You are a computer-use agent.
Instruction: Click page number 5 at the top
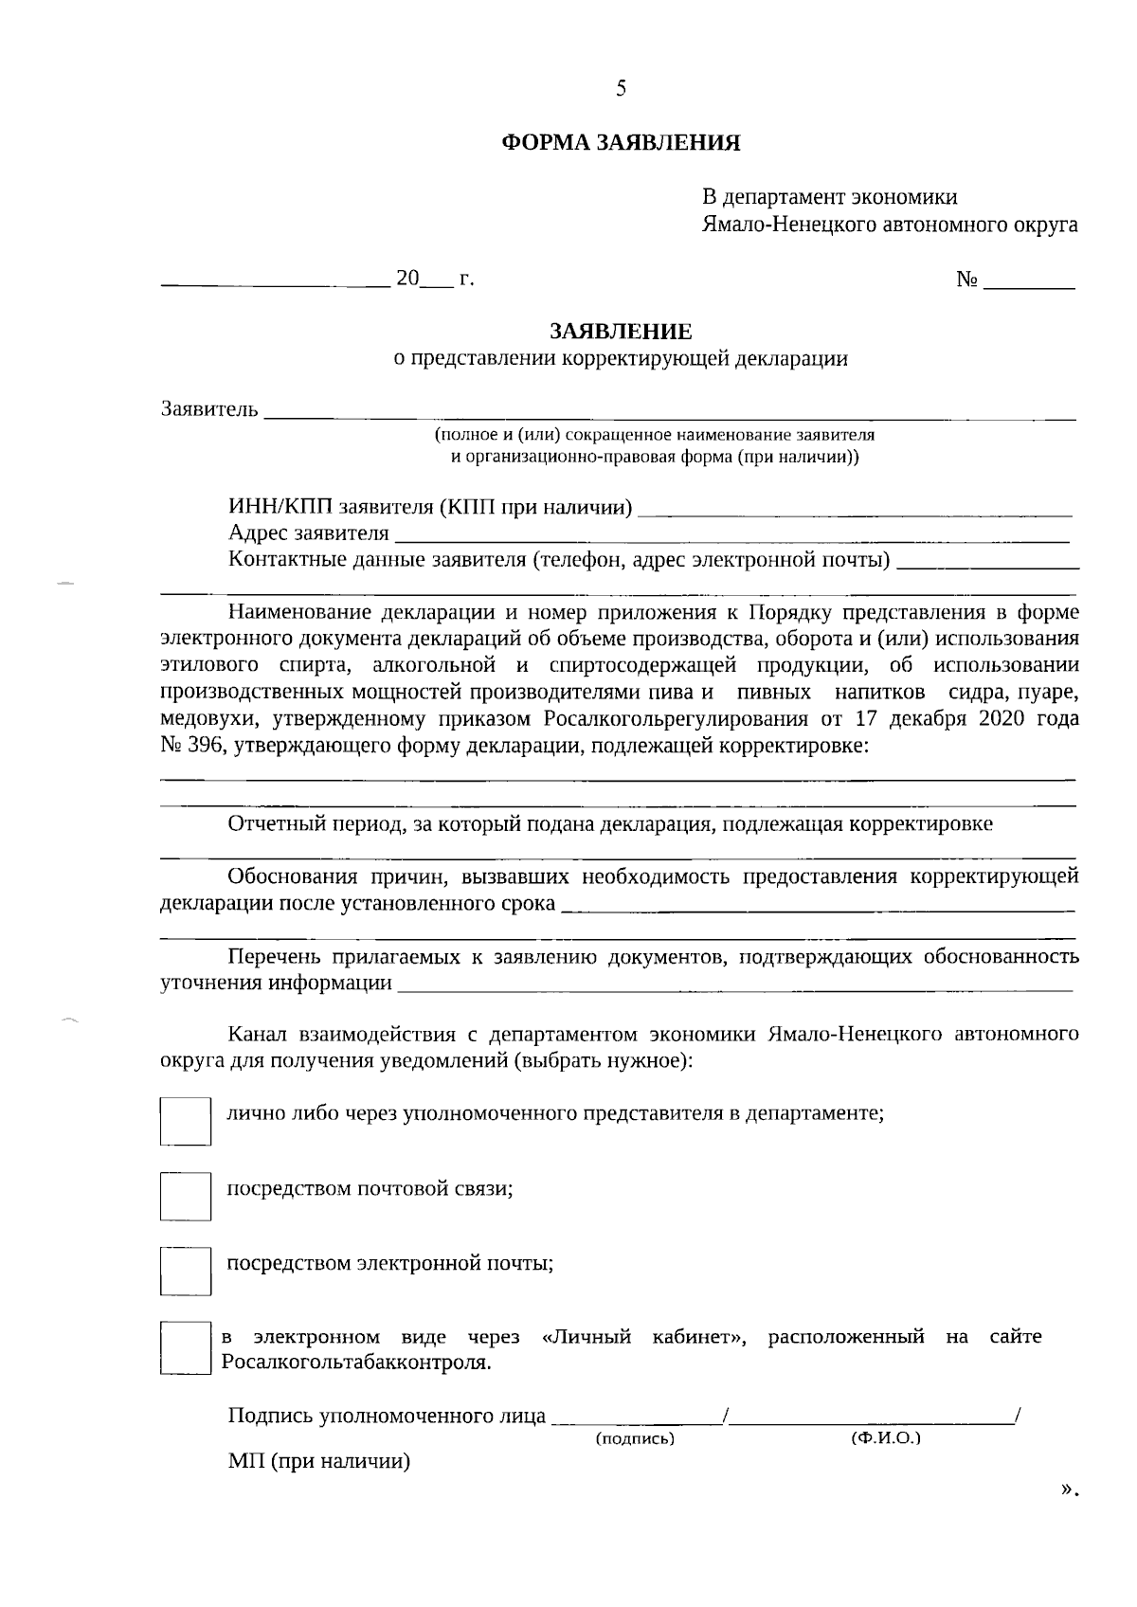(621, 89)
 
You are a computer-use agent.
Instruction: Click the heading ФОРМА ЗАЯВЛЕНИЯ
(620, 144)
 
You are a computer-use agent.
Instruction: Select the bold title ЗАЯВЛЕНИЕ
(621, 332)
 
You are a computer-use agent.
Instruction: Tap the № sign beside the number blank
(966, 280)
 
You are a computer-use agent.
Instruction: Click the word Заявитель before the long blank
(209, 409)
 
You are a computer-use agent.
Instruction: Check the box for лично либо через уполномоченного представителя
(185, 1121)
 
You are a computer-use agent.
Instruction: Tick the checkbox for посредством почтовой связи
(185, 1196)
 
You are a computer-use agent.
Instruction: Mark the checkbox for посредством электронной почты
(185, 1271)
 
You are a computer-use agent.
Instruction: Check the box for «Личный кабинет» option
(185, 1347)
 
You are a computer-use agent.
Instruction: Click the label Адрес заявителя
(309, 533)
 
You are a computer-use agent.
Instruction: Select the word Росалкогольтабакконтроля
(355, 1363)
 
